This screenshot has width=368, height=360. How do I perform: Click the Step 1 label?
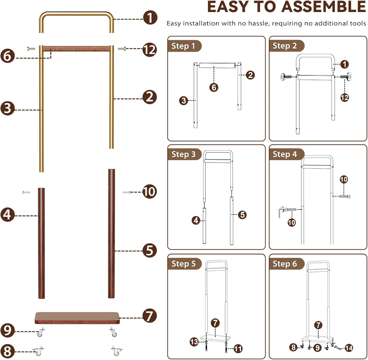183,46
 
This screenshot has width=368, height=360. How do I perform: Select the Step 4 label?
285,154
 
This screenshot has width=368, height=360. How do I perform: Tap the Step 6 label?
285,264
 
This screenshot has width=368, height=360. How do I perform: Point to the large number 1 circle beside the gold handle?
150,18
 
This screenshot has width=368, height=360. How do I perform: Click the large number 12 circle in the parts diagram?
150,50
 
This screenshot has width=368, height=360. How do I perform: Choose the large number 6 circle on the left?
7,55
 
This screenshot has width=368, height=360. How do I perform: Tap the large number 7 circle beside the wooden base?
150,316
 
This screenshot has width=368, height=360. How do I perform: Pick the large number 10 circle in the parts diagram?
150,192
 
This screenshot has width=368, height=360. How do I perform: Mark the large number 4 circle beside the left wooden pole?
7,215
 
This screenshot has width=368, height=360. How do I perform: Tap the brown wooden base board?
77,318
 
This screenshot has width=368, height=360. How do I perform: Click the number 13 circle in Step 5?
194,342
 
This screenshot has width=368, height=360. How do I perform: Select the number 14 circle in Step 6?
348,348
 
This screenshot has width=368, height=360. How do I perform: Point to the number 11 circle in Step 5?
238,349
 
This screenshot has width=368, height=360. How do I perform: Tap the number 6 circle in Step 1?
214,88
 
